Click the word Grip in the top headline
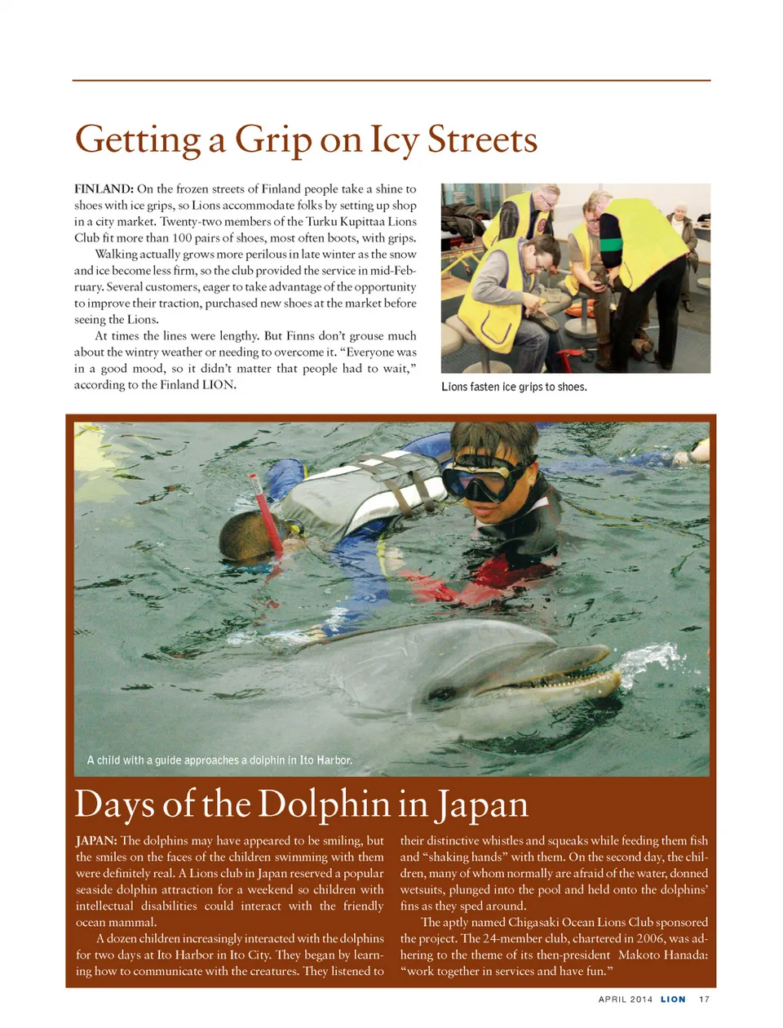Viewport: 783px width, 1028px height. point(273,140)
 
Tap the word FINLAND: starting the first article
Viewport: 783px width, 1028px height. point(104,189)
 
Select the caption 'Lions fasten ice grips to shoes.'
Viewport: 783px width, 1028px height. point(514,387)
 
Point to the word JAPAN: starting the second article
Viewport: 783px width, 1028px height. point(96,841)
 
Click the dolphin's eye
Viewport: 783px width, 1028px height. point(442,694)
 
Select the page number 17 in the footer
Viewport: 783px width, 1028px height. point(704,999)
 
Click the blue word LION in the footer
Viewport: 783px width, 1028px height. point(673,999)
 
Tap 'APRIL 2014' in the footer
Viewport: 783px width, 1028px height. point(626,999)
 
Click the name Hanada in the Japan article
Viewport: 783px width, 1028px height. point(683,955)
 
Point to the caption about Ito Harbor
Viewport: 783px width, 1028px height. point(219,760)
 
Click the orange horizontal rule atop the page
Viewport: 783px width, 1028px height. point(391,80)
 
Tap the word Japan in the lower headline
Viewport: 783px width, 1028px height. point(482,804)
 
